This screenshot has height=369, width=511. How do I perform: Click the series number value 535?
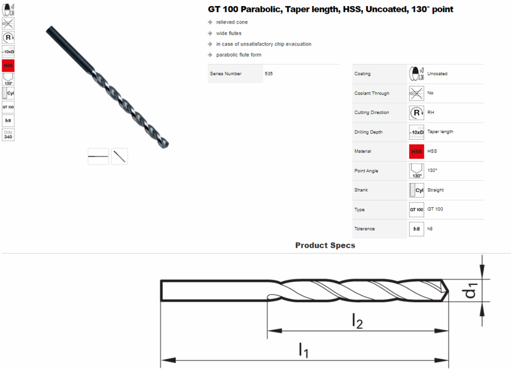pyautogui.click(x=269, y=74)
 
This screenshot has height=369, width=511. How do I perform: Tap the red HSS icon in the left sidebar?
pyautogui.click(x=8, y=66)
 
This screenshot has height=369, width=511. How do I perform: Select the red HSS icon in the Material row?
pyautogui.click(x=416, y=152)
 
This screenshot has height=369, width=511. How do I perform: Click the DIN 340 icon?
pyautogui.click(x=8, y=135)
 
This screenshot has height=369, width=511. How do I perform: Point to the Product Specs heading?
pyautogui.click(x=325, y=245)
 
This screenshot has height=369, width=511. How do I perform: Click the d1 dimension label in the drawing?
pyautogui.click(x=470, y=290)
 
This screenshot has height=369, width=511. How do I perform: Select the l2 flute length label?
pyautogui.click(x=357, y=321)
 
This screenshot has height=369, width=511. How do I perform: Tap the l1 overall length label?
pyautogui.click(x=303, y=350)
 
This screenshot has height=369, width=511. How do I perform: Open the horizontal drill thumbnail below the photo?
pyautogui.click(x=98, y=157)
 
